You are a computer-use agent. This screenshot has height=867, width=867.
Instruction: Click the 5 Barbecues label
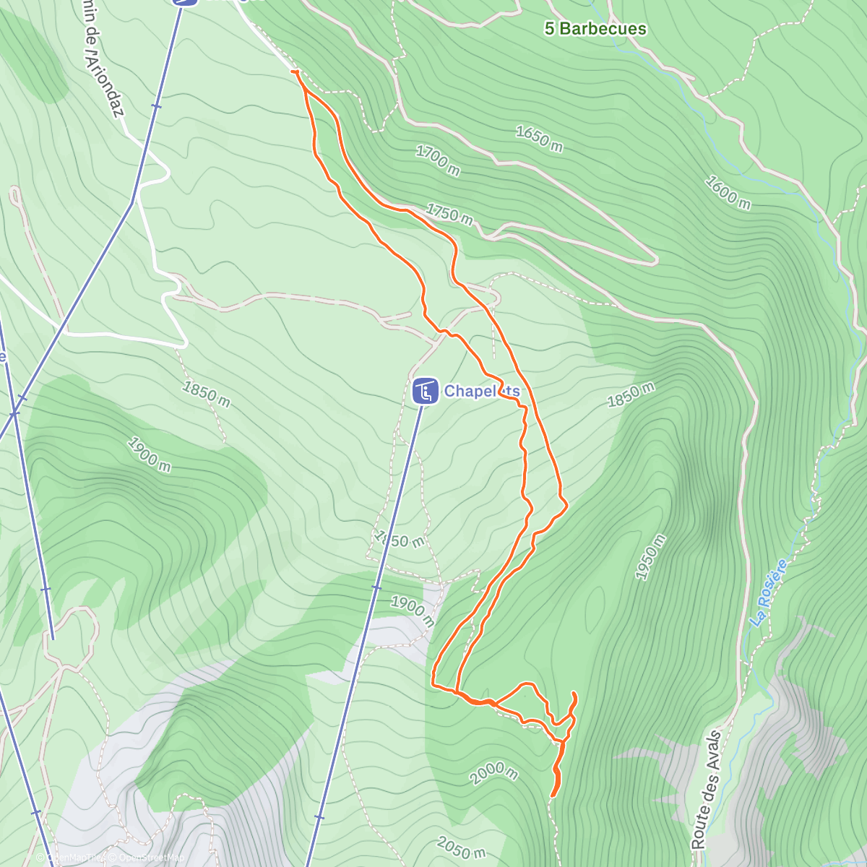(595, 29)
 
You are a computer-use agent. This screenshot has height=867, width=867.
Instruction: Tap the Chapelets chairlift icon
(425, 392)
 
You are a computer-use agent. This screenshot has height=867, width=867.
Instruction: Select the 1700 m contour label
(437, 160)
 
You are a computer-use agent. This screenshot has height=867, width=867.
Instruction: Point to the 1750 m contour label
(449, 215)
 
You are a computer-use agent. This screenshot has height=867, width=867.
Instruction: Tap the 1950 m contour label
(650, 556)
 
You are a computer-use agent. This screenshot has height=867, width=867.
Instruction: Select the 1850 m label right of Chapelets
(631, 394)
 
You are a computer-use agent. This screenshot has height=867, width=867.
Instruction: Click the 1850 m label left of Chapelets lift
(206, 394)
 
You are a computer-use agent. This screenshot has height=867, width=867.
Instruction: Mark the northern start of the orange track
(294, 71)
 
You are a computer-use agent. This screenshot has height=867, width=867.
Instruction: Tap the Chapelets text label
(481, 391)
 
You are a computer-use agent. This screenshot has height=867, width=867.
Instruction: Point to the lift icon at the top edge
(185, 2)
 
